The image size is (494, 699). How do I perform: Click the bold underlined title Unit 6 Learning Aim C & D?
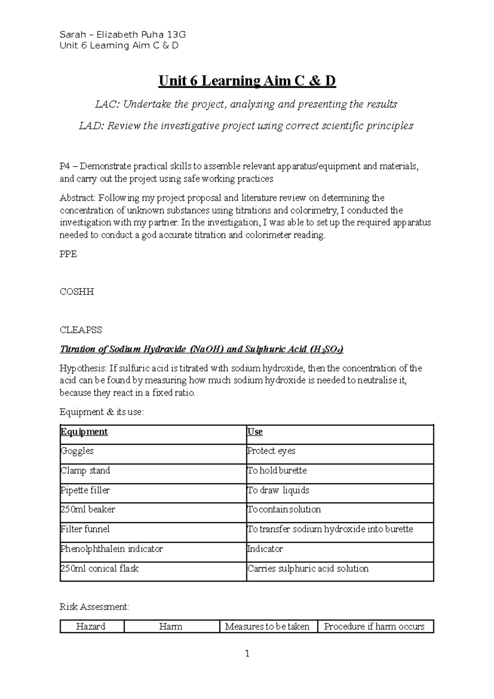pos(247,81)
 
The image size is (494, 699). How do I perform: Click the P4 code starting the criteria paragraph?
pos(65,167)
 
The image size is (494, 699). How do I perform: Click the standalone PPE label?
pos(68,254)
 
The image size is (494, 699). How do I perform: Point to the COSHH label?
pos(77,292)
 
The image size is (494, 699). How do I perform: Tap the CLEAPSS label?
pos(81,330)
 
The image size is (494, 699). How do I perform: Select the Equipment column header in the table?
pos(84,432)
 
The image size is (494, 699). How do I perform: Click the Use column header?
pos(255,432)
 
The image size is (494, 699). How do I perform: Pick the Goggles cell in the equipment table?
pos(77,451)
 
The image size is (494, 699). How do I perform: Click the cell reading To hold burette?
pos(277,471)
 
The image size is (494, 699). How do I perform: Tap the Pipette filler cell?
pos(85,490)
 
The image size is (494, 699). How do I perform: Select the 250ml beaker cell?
pos(88,510)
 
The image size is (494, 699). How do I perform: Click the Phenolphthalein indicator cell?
pos(112,549)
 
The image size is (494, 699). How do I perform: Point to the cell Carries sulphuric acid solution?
pos(308,569)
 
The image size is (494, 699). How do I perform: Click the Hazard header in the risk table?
pos(91,627)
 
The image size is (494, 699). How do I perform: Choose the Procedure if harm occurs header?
pos(374,627)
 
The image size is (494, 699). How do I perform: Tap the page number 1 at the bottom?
pos(247,654)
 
